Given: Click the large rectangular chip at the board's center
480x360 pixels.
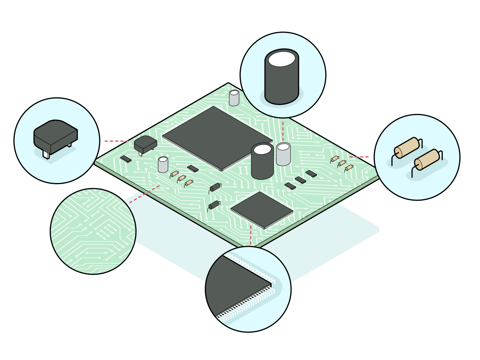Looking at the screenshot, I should tap(216, 138).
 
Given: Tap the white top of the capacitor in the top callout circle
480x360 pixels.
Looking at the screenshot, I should tap(281, 59).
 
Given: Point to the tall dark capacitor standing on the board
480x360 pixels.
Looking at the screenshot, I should tap(262, 162).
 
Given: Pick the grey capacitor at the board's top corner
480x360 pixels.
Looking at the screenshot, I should tap(234, 98).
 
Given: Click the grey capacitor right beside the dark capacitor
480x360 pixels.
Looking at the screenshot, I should tap(283, 154).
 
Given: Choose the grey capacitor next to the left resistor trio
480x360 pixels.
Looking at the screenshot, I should tap(163, 165).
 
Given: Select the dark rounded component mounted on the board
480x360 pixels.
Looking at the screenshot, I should tap(145, 144).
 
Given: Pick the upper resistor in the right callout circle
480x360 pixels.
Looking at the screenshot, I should tap(407, 148).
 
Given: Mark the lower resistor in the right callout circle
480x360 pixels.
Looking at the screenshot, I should tap(427, 160).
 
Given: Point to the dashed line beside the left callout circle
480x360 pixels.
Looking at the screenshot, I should tap(116, 141).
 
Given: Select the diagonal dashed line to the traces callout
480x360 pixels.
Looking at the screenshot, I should tap(144, 194).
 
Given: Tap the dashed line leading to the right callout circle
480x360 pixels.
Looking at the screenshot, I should tap(359, 157).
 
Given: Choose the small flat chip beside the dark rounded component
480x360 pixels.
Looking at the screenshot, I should tap(126, 158).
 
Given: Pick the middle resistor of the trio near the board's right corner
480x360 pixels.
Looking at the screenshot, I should tap(342, 163).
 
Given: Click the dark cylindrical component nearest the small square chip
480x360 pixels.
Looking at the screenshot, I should tap(214, 205).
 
